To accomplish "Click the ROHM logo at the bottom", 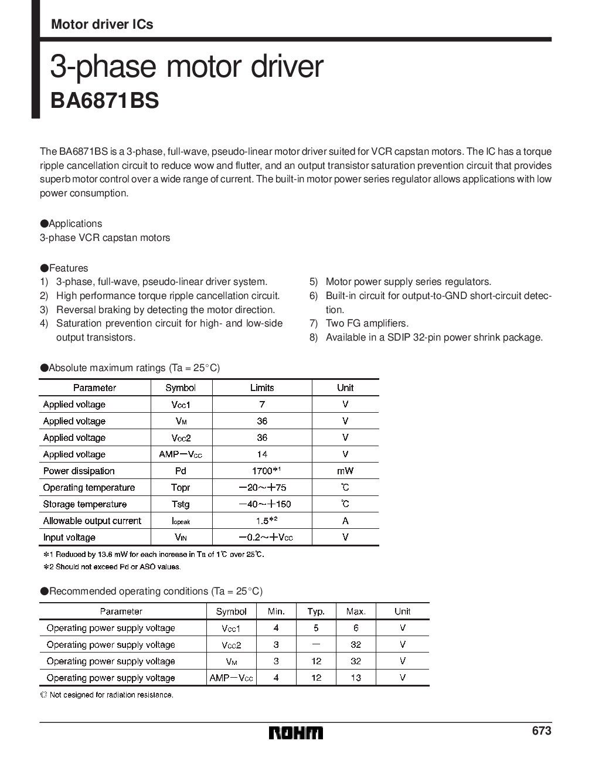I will click(x=295, y=733).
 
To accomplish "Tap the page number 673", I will click(x=542, y=731).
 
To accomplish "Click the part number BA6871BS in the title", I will click(x=104, y=100).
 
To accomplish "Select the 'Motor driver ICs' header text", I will click(x=102, y=25).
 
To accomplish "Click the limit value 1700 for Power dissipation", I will click(x=262, y=471).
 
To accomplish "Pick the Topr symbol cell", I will click(x=181, y=488).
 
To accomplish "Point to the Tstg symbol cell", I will click(x=181, y=504).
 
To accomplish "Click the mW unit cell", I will click(x=345, y=471).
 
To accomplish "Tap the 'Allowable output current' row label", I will click(x=92, y=521).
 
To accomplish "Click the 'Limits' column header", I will click(x=262, y=388).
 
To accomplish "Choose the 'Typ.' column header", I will click(x=316, y=611).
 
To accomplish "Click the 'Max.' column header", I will click(x=356, y=611).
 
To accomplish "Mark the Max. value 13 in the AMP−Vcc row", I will click(x=356, y=678).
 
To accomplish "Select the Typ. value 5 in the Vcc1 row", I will click(x=316, y=628).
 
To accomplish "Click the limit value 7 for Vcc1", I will click(x=262, y=404).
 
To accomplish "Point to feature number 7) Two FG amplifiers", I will click(x=367, y=323).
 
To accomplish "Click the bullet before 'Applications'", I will click(x=44, y=223).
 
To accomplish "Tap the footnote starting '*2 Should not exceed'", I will click(x=111, y=566).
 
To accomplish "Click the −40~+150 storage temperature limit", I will click(x=264, y=504).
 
